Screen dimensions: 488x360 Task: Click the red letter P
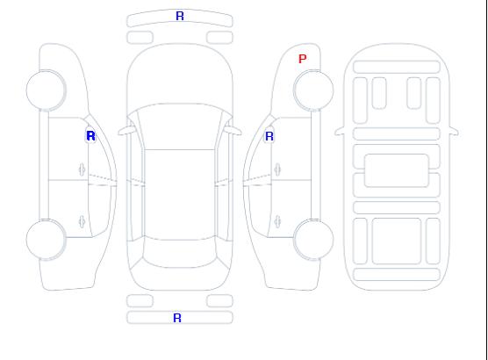pyautogui.click(x=302, y=59)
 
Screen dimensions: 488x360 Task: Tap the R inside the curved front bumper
pyautogui.click(x=180, y=16)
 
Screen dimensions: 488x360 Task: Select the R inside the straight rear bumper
pyautogui.click(x=177, y=318)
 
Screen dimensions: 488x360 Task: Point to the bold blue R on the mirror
pyautogui.click(x=90, y=136)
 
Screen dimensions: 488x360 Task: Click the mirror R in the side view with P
pyautogui.click(x=269, y=136)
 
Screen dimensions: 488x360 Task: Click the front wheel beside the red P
pyautogui.click(x=313, y=90)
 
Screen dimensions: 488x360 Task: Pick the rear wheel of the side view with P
pyautogui.click(x=313, y=239)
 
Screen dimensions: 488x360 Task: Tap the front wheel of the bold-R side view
pyautogui.click(x=46, y=90)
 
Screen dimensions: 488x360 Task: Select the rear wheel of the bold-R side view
pyautogui.click(x=46, y=239)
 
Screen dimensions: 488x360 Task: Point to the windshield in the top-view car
pyautogui.click(x=180, y=126)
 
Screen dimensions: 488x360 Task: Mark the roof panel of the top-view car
pyautogui.click(x=180, y=195)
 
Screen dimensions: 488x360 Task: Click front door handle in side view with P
pyautogui.click(x=277, y=169)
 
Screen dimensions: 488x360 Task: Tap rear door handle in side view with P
pyautogui.click(x=277, y=221)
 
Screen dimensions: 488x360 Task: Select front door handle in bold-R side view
pyautogui.click(x=82, y=169)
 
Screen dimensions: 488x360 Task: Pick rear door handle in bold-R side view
pyautogui.click(x=82, y=221)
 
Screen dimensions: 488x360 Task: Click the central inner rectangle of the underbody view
pyautogui.click(x=397, y=170)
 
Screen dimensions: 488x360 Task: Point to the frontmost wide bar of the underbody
pyautogui.click(x=397, y=67)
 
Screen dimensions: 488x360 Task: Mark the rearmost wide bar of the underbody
pyautogui.click(x=397, y=274)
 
